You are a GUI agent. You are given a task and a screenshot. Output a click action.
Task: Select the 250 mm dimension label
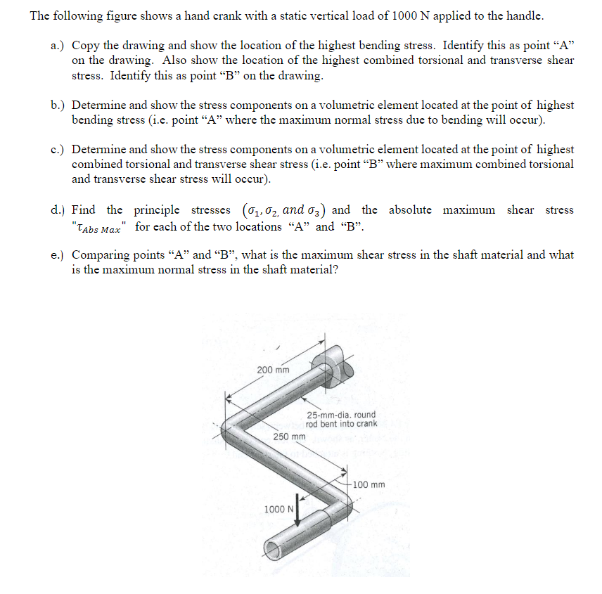(289, 437)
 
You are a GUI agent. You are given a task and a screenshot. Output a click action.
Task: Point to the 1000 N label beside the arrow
(278, 509)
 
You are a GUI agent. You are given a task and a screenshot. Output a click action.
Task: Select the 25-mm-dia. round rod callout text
(341, 419)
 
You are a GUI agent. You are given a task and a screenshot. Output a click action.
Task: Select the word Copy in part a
(85, 45)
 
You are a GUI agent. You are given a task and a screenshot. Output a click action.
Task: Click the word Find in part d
(84, 210)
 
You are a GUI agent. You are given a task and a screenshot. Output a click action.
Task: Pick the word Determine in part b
(98, 105)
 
